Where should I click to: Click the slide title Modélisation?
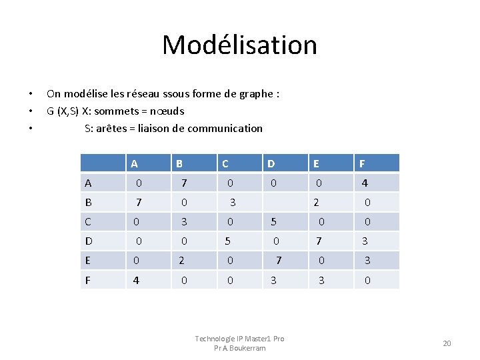tap(239, 45)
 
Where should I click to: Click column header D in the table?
tap(271, 163)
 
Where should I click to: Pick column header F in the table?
tap(362, 163)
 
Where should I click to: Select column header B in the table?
tap(179, 163)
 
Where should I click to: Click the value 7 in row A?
tap(184, 183)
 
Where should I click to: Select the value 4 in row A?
tap(365, 183)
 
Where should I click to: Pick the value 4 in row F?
tap(136, 281)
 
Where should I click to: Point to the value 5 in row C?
tap(273, 221)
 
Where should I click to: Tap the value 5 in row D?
tap(227, 241)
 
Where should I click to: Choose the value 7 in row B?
tap(139, 202)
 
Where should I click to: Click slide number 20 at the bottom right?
tap(447, 343)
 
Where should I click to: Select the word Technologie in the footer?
tap(215, 339)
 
